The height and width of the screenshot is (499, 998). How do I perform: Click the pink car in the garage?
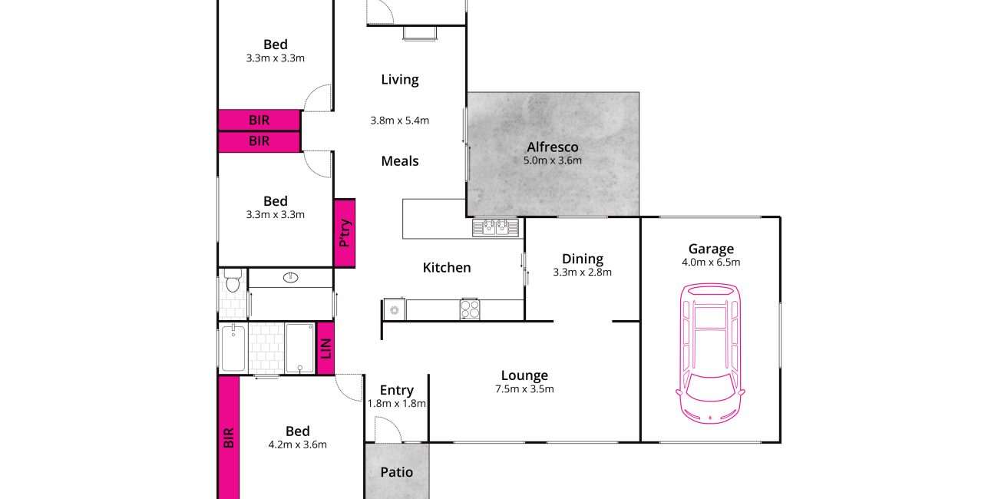coord(710,353)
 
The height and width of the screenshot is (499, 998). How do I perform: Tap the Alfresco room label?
coord(553,147)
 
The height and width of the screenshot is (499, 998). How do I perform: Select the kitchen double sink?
coord(495,227)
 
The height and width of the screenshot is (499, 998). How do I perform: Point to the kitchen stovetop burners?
coord(470,309)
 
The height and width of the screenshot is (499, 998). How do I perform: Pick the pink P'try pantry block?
coord(345,233)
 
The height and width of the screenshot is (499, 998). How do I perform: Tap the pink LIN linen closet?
coord(326,349)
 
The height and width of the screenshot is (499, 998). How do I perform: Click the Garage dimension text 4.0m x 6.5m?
coord(711,263)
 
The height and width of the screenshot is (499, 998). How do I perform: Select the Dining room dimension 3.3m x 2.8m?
coord(583,273)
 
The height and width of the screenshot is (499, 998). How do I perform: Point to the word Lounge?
coord(524,375)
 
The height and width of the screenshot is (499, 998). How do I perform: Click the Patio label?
coord(397,472)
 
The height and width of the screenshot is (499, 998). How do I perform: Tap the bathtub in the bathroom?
coord(233,348)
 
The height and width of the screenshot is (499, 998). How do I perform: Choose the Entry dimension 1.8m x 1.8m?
coord(397,404)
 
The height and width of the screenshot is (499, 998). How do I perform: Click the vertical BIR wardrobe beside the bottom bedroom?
coord(229,437)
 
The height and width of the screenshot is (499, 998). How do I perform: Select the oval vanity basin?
coord(290,278)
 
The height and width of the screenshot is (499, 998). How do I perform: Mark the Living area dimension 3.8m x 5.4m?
coord(400,121)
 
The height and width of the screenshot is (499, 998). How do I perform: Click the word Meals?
coord(400,161)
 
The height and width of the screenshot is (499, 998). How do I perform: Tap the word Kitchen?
coord(447,267)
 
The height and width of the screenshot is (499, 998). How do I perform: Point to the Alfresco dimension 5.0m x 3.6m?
coord(553,160)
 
